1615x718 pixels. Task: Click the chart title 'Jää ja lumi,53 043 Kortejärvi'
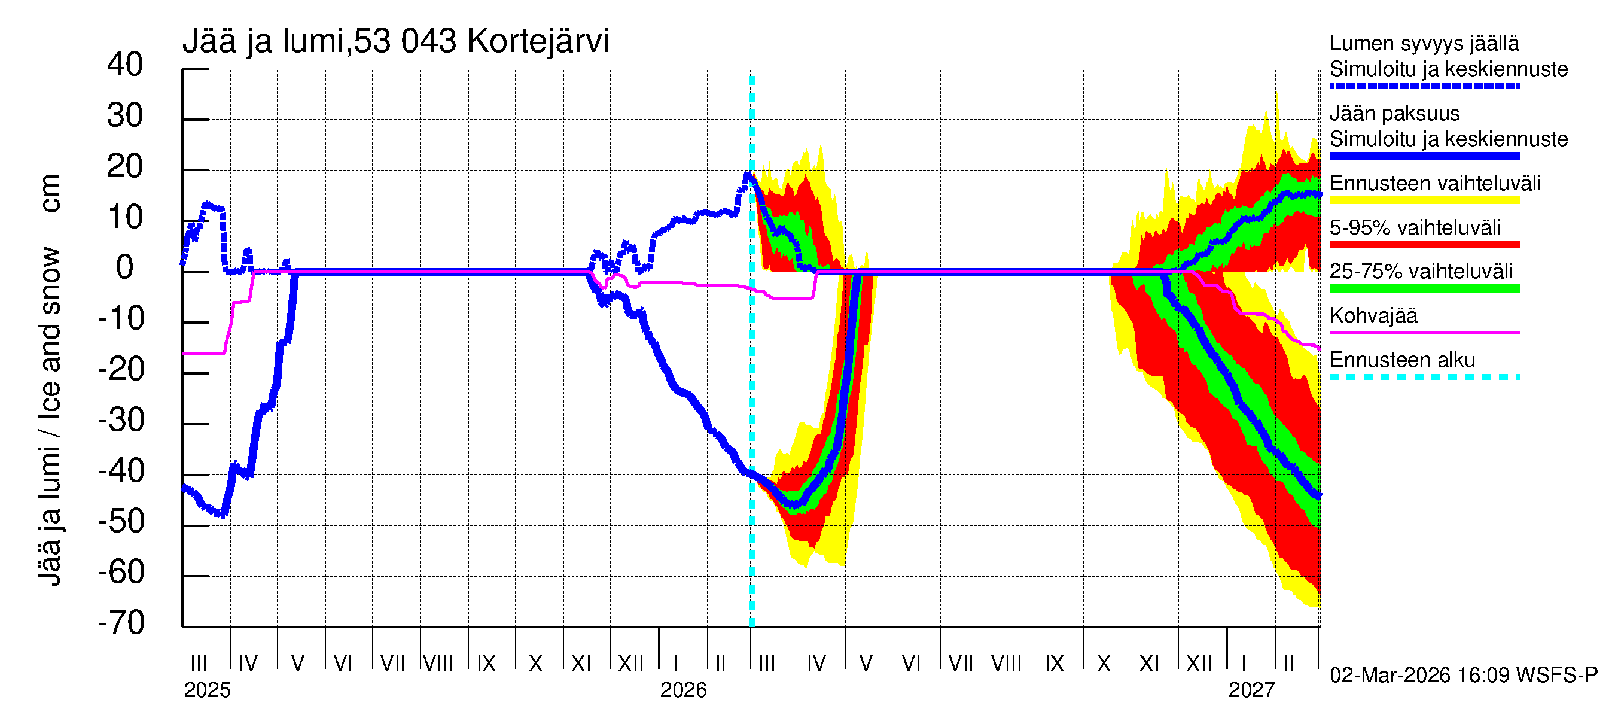coord(395,41)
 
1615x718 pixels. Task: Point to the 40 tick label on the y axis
coord(125,65)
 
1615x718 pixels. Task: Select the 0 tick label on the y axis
coord(125,268)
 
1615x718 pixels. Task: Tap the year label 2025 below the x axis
coord(207,690)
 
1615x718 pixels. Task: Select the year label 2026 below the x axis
coord(682,690)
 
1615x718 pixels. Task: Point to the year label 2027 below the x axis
coord(1251,690)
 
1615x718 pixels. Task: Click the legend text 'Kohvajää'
coord(1373,315)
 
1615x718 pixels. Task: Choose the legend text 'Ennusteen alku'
coord(1402,360)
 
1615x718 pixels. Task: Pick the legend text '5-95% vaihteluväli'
coord(1415,227)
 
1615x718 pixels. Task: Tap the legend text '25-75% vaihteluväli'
coord(1421,271)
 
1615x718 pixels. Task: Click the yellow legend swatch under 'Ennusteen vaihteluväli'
coord(1424,200)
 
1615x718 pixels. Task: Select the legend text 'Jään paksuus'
coord(1394,114)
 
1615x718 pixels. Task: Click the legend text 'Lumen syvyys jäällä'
coord(1424,43)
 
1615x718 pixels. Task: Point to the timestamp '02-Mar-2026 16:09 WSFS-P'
coord(1463,675)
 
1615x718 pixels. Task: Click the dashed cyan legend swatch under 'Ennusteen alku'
coord(1424,377)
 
